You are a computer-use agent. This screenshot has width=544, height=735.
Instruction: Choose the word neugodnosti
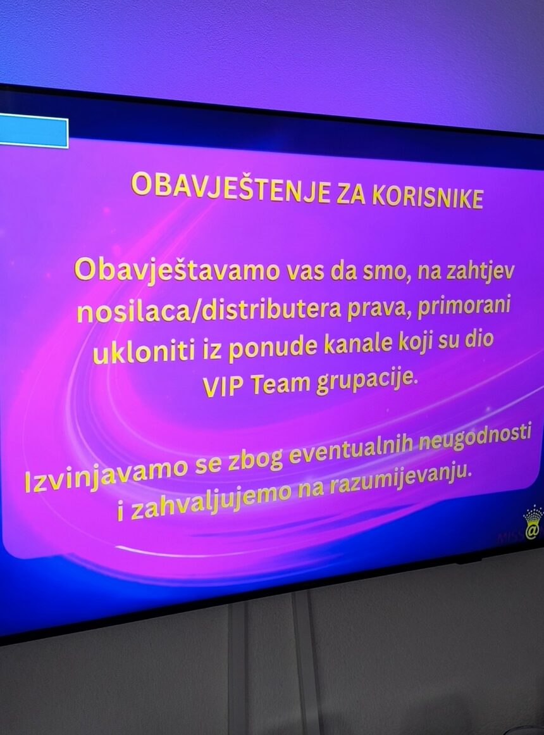click(475, 439)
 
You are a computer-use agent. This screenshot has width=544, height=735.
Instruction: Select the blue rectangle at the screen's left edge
click(34, 132)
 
